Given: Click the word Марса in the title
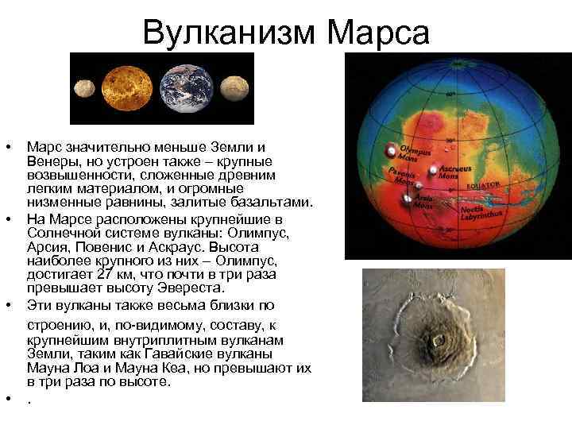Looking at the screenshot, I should (x=379, y=33).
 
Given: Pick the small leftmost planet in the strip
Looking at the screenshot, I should (x=85, y=88).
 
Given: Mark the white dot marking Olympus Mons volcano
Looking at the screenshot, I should (x=391, y=150).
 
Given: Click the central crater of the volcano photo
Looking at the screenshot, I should (x=437, y=342).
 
